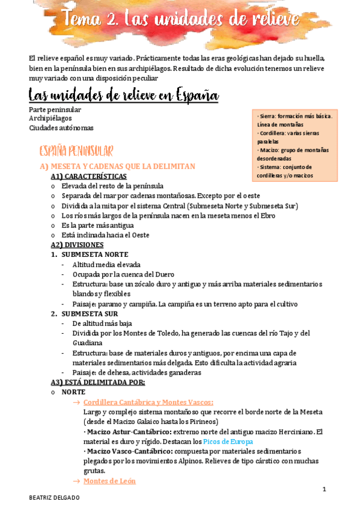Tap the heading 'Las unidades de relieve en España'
[x=123, y=96]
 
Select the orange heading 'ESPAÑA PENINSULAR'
[x=76, y=150]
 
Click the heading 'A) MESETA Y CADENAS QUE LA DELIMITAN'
[x=118, y=167]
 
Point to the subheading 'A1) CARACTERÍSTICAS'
[x=89, y=176]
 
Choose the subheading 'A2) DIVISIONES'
[x=77, y=245]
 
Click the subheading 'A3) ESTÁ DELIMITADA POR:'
[x=98, y=382]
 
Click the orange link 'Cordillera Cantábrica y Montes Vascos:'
[x=148, y=402]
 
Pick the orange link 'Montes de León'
[x=109, y=481]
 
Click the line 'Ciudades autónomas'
[x=61, y=127]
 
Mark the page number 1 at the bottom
[x=324, y=490]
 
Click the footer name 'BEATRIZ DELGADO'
[x=55, y=499]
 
